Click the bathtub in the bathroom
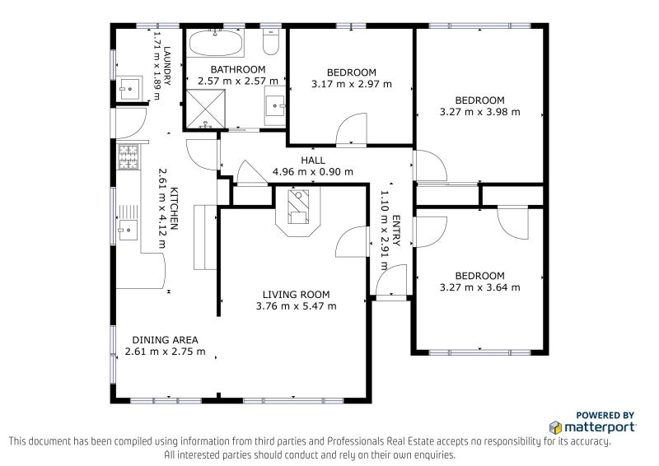[x=215, y=43]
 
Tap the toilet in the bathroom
[x=271, y=42]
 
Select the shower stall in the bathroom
[x=205, y=109]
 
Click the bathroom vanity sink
[x=275, y=105]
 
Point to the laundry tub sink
[x=129, y=88]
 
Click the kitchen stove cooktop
[x=129, y=156]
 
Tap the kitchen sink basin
[x=128, y=230]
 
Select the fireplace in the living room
[x=298, y=212]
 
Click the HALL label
[x=313, y=160]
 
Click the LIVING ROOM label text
[x=297, y=295]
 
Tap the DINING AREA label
[x=166, y=340]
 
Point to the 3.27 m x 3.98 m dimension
[x=480, y=112]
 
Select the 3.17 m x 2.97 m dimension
[x=352, y=84]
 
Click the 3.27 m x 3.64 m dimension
[x=480, y=287]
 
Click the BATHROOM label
[x=238, y=69]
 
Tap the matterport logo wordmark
[x=600, y=427]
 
